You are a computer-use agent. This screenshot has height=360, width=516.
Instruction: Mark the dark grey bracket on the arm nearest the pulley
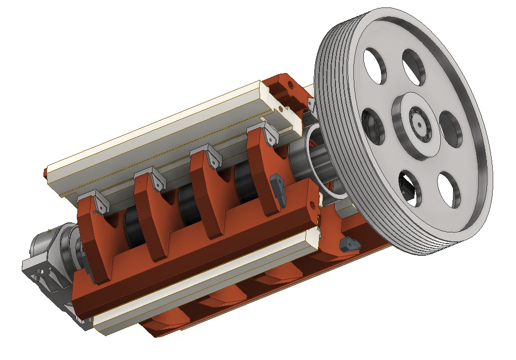(278, 188)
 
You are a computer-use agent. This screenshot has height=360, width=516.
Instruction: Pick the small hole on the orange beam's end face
(319, 203)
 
